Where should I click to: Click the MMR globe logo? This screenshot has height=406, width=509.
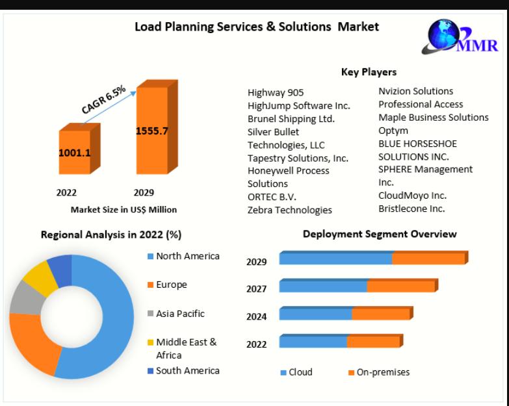[460, 37]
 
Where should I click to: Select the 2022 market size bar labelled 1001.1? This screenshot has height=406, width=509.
[79, 149]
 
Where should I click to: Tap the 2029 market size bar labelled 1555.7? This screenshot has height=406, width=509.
[157, 127]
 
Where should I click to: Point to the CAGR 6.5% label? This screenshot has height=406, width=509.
[103, 99]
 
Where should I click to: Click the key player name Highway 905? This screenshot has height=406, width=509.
[276, 93]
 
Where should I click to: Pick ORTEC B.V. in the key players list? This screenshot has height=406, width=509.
[272, 197]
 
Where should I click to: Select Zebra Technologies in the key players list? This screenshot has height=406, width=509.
[289, 210]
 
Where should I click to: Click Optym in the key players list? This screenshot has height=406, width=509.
[393, 131]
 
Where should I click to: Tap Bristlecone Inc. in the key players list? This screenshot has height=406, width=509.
[411, 209]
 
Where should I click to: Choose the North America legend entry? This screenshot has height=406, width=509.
[184, 256]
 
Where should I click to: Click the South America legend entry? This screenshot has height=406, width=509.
[184, 371]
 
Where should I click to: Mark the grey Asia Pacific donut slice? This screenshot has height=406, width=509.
[26, 298]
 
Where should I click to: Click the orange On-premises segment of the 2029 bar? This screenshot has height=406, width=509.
[430, 258]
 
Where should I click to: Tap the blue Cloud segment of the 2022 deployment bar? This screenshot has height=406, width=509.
[313, 341]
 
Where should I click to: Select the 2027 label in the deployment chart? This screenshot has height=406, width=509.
[256, 289]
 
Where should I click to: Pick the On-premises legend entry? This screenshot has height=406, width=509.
[379, 372]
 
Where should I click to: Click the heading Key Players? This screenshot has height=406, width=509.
[369, 72]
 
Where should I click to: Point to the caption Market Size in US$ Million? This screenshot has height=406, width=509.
[124, 210]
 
